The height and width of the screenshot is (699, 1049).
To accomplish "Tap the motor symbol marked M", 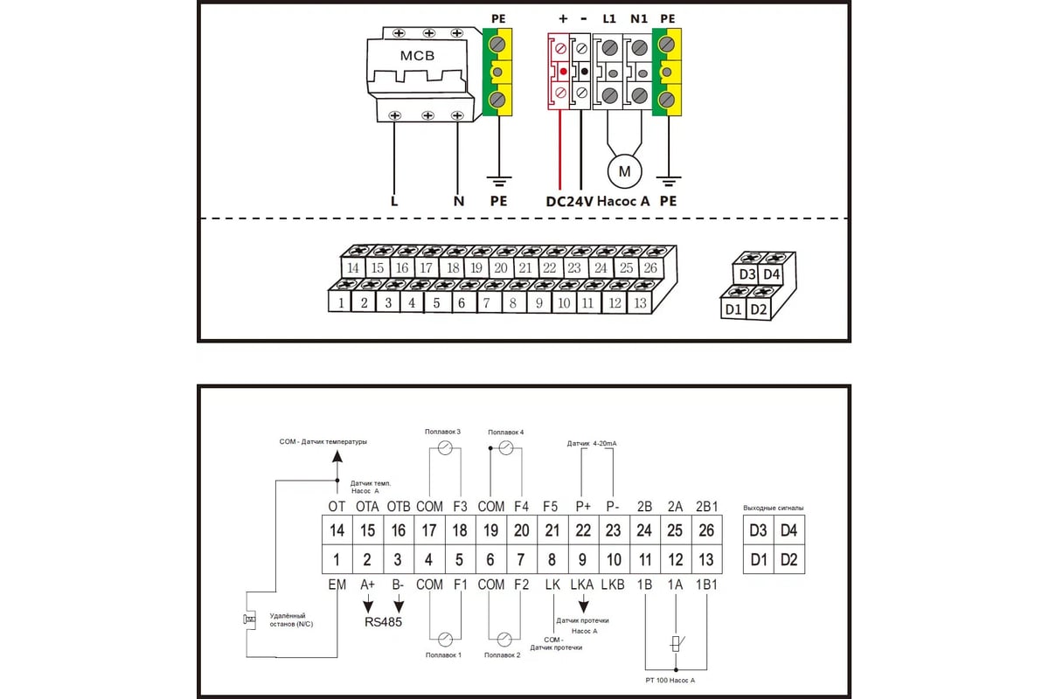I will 624,172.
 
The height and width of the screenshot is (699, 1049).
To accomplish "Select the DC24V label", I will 570,201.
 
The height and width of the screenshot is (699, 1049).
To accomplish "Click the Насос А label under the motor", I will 627,201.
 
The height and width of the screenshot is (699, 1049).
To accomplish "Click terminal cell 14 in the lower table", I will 337,530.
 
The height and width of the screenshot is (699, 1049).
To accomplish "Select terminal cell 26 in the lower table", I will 707,530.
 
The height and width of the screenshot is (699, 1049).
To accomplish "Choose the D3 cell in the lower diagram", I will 758,530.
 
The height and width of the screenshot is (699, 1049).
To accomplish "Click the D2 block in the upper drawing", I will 759,309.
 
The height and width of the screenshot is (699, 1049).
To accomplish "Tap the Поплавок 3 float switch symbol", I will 445,447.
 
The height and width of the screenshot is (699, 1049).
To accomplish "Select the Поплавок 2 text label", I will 503,654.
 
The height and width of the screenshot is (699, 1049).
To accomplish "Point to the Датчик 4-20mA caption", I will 592,444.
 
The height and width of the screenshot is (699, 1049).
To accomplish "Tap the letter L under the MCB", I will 394,201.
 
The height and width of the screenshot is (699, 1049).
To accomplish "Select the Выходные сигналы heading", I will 773,508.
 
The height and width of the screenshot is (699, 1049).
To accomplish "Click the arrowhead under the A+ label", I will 368,605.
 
